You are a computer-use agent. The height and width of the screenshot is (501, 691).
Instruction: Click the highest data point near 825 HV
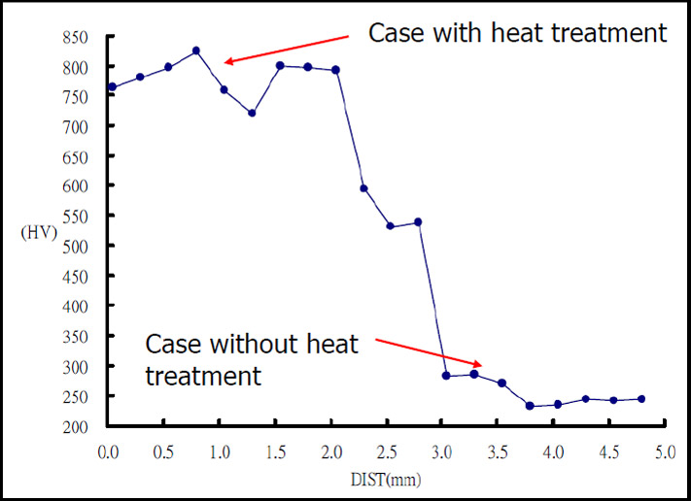[196, 50]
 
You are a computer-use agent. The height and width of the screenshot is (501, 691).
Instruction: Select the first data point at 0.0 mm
[113, 87]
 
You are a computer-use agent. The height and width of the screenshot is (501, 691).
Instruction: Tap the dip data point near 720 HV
[252, 113]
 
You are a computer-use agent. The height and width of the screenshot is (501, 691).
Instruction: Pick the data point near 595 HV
[363, 188]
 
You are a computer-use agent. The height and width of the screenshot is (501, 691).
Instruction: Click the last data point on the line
[641, 399]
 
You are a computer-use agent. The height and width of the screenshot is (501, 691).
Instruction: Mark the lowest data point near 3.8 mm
[530, 406]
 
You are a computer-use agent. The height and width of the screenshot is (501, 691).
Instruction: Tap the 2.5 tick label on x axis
[387, 451]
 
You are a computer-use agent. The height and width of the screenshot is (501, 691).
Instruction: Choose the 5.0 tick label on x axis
[663, 451]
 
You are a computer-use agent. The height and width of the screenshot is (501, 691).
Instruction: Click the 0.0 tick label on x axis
[109, 451]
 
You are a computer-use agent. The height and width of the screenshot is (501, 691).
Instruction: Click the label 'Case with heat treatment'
[517, 32]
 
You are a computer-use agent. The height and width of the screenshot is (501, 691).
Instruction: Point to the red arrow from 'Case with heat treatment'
[286, 50]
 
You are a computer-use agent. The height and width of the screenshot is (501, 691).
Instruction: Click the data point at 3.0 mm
[446, 376]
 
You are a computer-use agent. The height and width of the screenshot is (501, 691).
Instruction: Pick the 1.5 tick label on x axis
[276, 451]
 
